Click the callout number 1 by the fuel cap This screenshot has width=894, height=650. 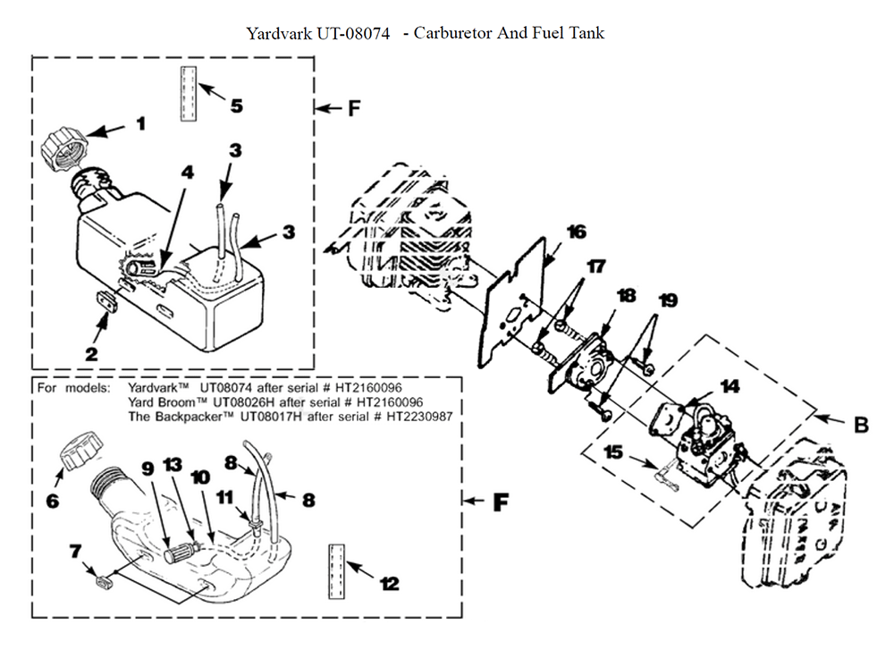pos(140,123)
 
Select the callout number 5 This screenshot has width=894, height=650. pos(236,106)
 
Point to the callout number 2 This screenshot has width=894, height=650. pos(91,353)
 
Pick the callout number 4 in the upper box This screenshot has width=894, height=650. pos(185,170)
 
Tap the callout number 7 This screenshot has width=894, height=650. pos(75,551)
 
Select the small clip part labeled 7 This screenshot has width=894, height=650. pos(104,583)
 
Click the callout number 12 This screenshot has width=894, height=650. pos(389,584)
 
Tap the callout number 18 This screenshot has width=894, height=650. pos(627,295)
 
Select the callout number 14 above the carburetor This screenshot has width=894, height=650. pos(730,387)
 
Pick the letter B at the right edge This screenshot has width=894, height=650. pos(861,426)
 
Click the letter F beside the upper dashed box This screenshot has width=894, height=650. pos(354,108)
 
